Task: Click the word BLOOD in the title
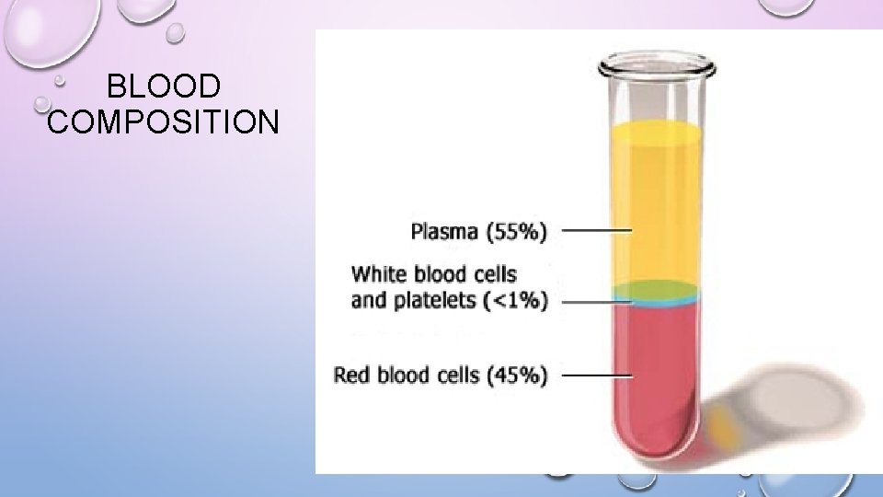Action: click(x=164, y=87)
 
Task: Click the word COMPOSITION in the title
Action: click(x=163, y=121)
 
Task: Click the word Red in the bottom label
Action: click(x=351, y=375)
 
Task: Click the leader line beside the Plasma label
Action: click(x=596, y=230)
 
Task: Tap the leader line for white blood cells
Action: click(x=596, y=299)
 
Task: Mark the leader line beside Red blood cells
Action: click(x=596, y=375)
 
